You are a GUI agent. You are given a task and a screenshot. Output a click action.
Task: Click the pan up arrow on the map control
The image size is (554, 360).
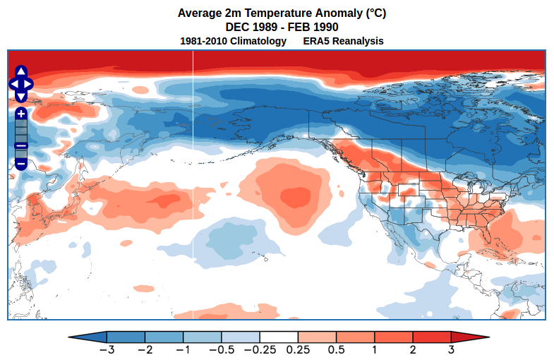click(21, 72)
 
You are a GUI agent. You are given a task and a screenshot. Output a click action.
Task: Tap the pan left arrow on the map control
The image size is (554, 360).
click(13, 84)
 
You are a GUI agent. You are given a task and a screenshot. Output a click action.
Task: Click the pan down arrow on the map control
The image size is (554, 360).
click(21, 96)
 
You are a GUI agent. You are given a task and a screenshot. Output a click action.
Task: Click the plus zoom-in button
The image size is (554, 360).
click(21, 114)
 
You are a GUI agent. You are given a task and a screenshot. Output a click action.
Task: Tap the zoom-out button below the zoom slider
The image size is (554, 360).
click(21, 164)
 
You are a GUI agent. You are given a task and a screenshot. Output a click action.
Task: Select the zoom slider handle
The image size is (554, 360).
click(21, 145)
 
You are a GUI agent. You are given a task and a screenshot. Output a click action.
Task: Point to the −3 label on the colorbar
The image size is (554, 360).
click(107, 349)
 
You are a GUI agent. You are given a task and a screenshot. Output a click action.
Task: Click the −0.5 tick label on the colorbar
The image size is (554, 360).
click(221, 349)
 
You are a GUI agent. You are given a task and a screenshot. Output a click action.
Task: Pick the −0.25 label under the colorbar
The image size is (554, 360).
click(259, 349)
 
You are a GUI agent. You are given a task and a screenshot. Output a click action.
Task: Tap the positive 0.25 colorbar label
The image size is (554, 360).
click(298, 349)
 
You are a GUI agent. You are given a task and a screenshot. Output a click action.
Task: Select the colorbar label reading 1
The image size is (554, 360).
click(374, 349)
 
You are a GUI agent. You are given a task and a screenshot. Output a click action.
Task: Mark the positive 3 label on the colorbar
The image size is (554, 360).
click(450, 349)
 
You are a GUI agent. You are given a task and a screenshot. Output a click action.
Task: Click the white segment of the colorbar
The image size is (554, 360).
click(279, 337)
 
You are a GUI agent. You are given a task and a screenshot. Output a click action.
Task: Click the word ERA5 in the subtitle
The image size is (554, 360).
click(319, 41)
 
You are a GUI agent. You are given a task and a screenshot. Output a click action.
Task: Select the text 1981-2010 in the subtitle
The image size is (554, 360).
click(205, 41)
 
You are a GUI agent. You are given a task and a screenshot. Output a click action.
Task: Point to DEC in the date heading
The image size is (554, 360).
click(238, 27)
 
